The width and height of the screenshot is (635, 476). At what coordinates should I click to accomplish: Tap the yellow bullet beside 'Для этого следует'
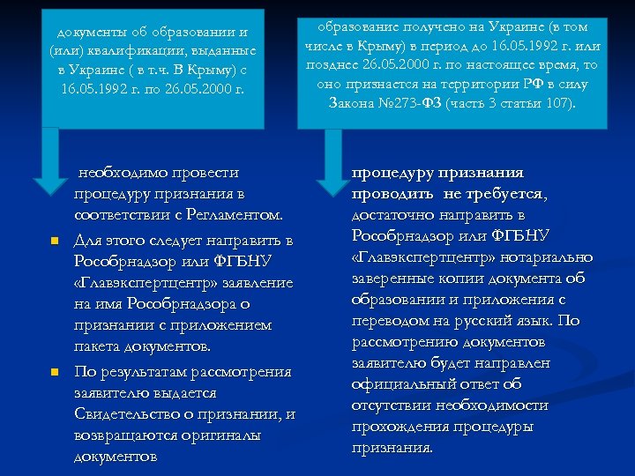click(54, 241)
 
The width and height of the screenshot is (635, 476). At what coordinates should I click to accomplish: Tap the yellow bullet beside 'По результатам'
click(54, 372)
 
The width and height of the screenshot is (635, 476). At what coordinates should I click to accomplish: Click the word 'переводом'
click(391, 321)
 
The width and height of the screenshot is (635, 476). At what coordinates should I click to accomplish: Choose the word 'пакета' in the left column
click(100, 347)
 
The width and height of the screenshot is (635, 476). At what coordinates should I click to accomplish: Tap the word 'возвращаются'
click(131, 435)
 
